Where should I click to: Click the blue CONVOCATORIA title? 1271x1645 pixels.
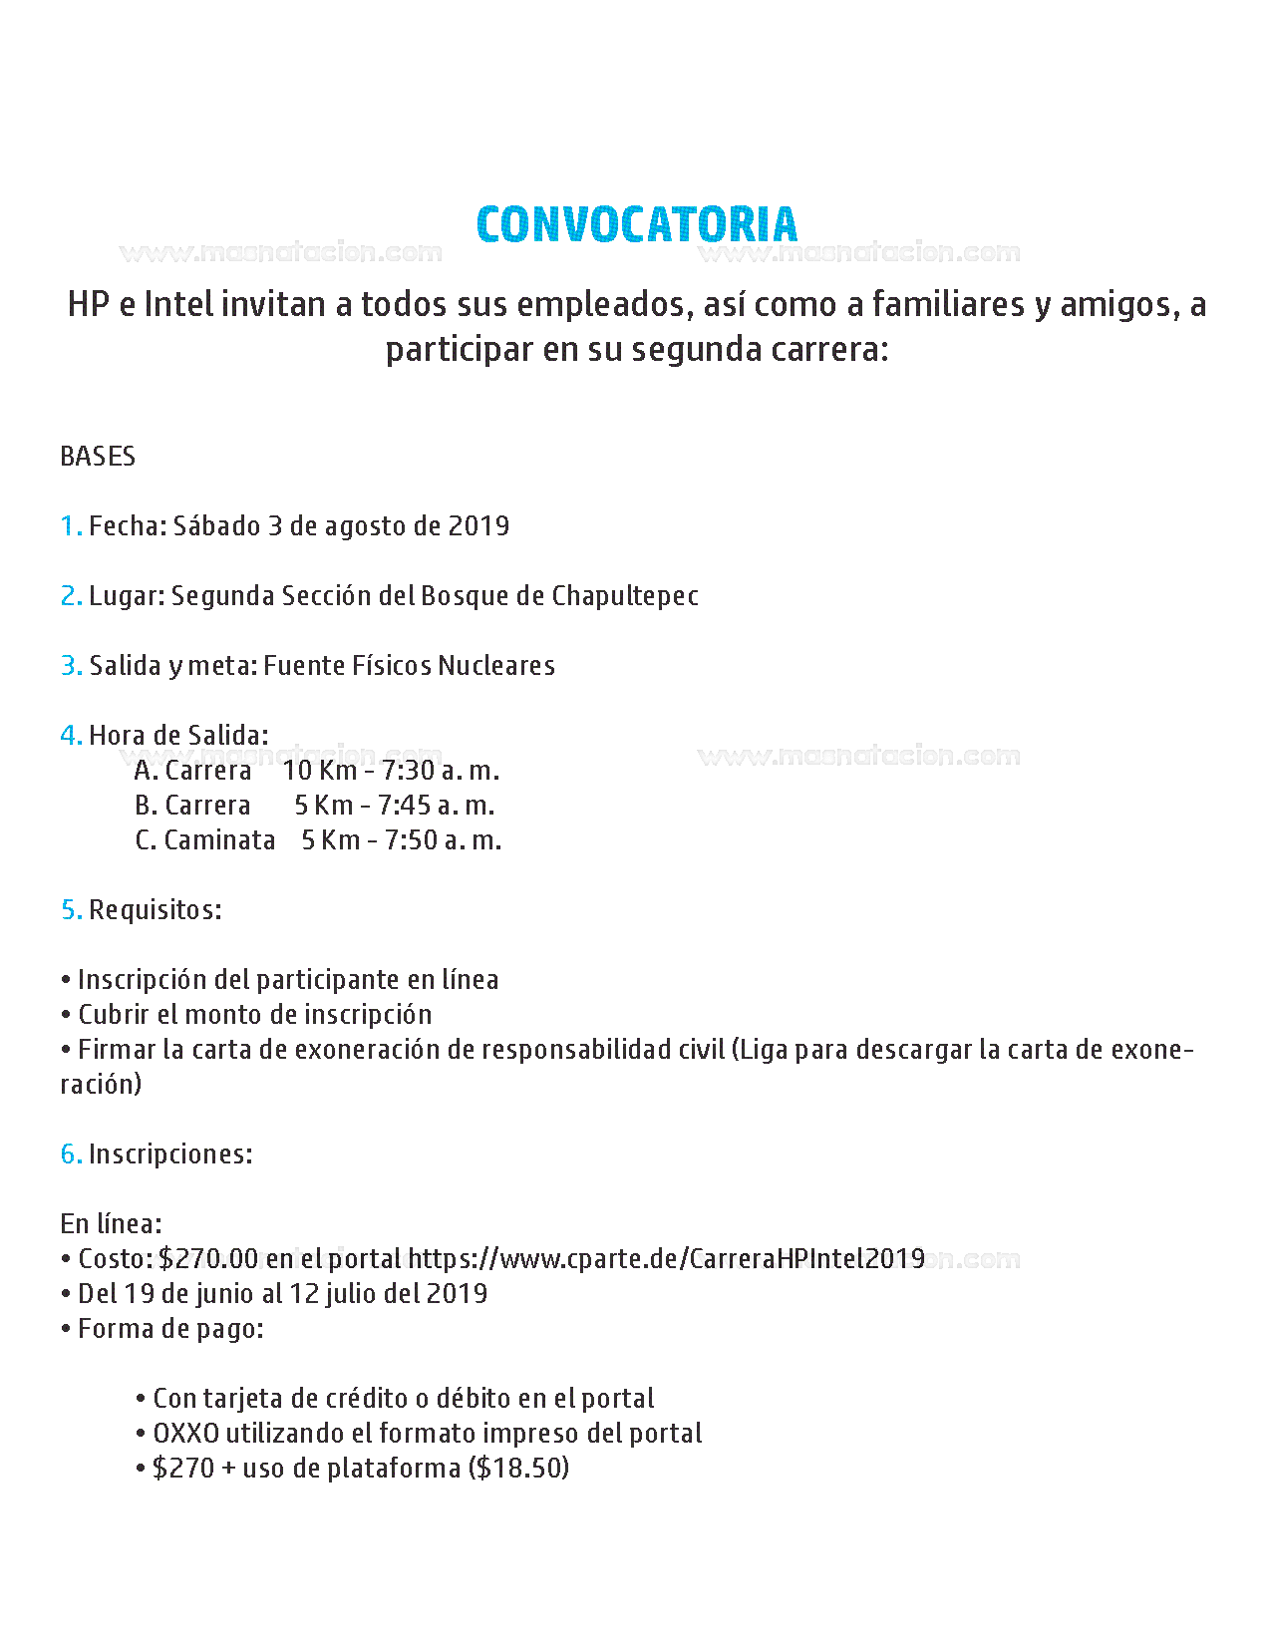click(636, 224)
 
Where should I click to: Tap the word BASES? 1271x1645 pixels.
click(98, 457)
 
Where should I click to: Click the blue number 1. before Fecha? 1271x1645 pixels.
click(71, 526)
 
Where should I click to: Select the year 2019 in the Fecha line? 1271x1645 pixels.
click(478, 526)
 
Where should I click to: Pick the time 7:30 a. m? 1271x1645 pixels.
click(441, 771)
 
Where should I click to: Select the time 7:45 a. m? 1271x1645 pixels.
click(436, 806)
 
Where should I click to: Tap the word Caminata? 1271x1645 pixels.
click(219, 840)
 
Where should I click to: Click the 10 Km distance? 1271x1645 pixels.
click(319, 771)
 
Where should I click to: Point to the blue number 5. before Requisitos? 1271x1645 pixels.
click(71, 910)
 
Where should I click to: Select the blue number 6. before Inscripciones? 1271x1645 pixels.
click(71, 1154)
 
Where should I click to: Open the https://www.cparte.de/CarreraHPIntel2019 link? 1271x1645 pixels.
click(666, 1259)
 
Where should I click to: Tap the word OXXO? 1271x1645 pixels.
click(185, 1434)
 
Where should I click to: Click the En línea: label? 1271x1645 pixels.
click(111, 1224)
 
